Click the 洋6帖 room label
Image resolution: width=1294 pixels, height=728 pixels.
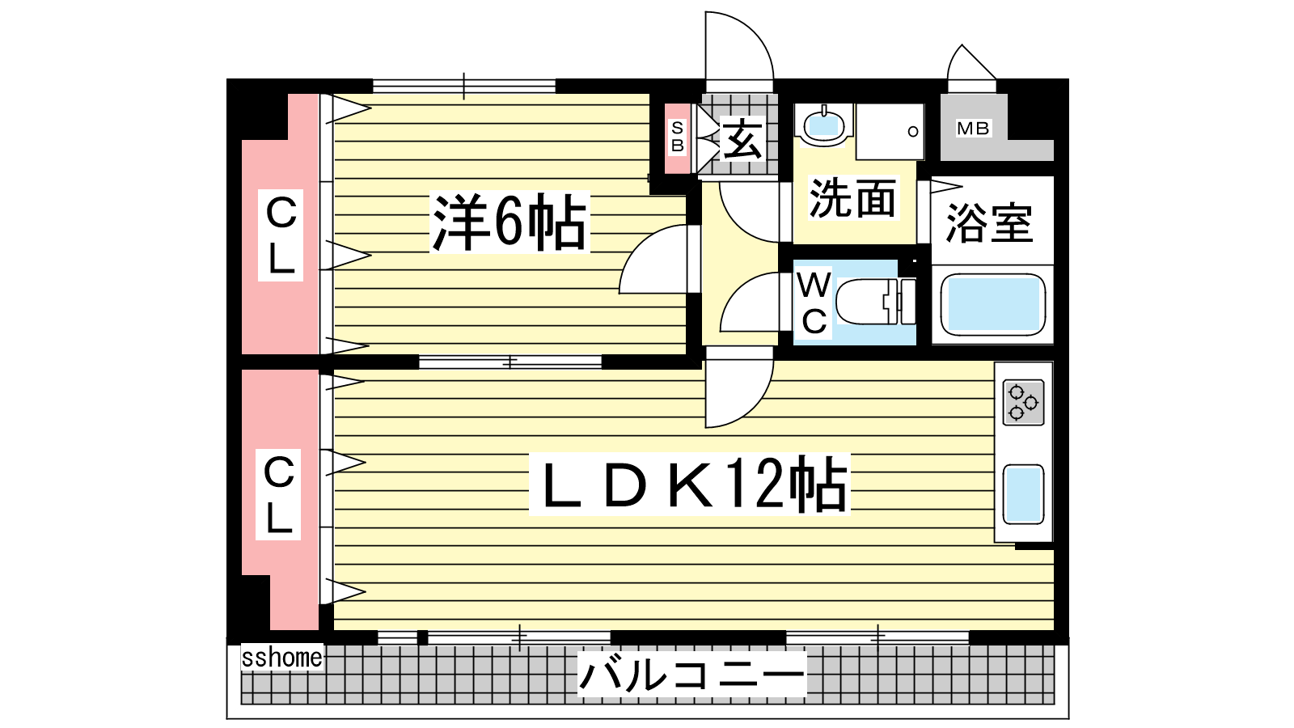coord(510,222)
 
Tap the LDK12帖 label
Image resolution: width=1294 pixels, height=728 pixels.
coord(690,485)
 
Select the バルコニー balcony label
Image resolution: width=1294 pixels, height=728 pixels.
coord(691,675)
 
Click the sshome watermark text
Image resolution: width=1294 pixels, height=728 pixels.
coord(282,658)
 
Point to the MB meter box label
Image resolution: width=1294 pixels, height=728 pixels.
coord(974,129)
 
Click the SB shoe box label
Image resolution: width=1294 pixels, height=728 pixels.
coord(678,137)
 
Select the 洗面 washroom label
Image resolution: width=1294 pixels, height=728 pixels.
coord(852,197)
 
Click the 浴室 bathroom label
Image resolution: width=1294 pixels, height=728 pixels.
coord(989,223)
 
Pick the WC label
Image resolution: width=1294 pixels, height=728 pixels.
coord(814,303)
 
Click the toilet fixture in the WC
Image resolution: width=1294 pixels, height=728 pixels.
coord(876,302)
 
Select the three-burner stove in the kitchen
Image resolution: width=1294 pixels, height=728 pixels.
coord(1023,402)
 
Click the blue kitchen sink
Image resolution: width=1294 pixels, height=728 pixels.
coord(1023,494)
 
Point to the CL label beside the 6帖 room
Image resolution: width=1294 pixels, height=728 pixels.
coord(281,235)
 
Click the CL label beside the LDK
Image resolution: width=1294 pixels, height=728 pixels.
coord(279,494)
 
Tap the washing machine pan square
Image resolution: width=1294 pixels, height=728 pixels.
coord(890,132)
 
